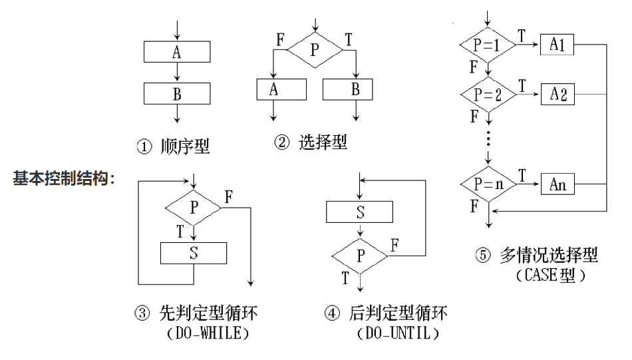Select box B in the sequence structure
(x=177, y=94)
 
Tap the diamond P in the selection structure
(x=315, y=49)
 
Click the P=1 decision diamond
(x=488, y=46)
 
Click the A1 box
(x=557, y=46)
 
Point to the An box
(x=557, y=184)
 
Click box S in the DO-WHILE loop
(x=194, y=253)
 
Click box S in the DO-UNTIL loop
(x=359, y=212)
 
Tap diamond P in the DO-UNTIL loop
(x=359, y=254)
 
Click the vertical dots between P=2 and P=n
(x=488, y=140)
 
